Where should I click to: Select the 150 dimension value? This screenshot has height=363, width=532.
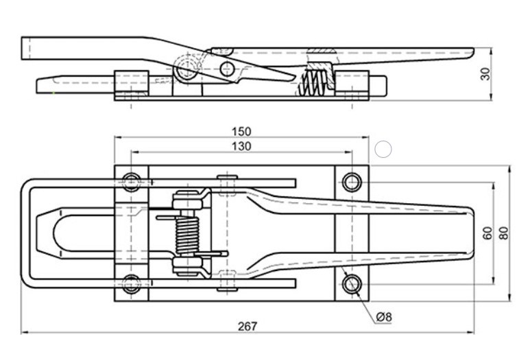[241, 131]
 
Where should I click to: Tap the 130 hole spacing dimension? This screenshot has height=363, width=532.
[241, 145]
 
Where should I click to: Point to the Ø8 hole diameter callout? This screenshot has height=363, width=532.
[385, 316]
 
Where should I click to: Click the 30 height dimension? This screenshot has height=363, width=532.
[485, 74]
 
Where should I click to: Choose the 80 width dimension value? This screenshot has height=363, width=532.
[504, 233]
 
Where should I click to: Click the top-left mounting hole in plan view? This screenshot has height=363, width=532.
[132, 182]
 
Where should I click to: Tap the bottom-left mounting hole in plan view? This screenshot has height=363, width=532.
[132, 283]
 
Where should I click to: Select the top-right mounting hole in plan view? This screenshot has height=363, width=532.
[352, 182]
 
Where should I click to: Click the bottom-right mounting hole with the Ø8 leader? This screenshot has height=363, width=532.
[352, 283]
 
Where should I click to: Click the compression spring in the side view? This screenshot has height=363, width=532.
[312, 84]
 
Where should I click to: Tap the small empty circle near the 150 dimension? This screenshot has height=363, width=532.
[384, 148]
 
